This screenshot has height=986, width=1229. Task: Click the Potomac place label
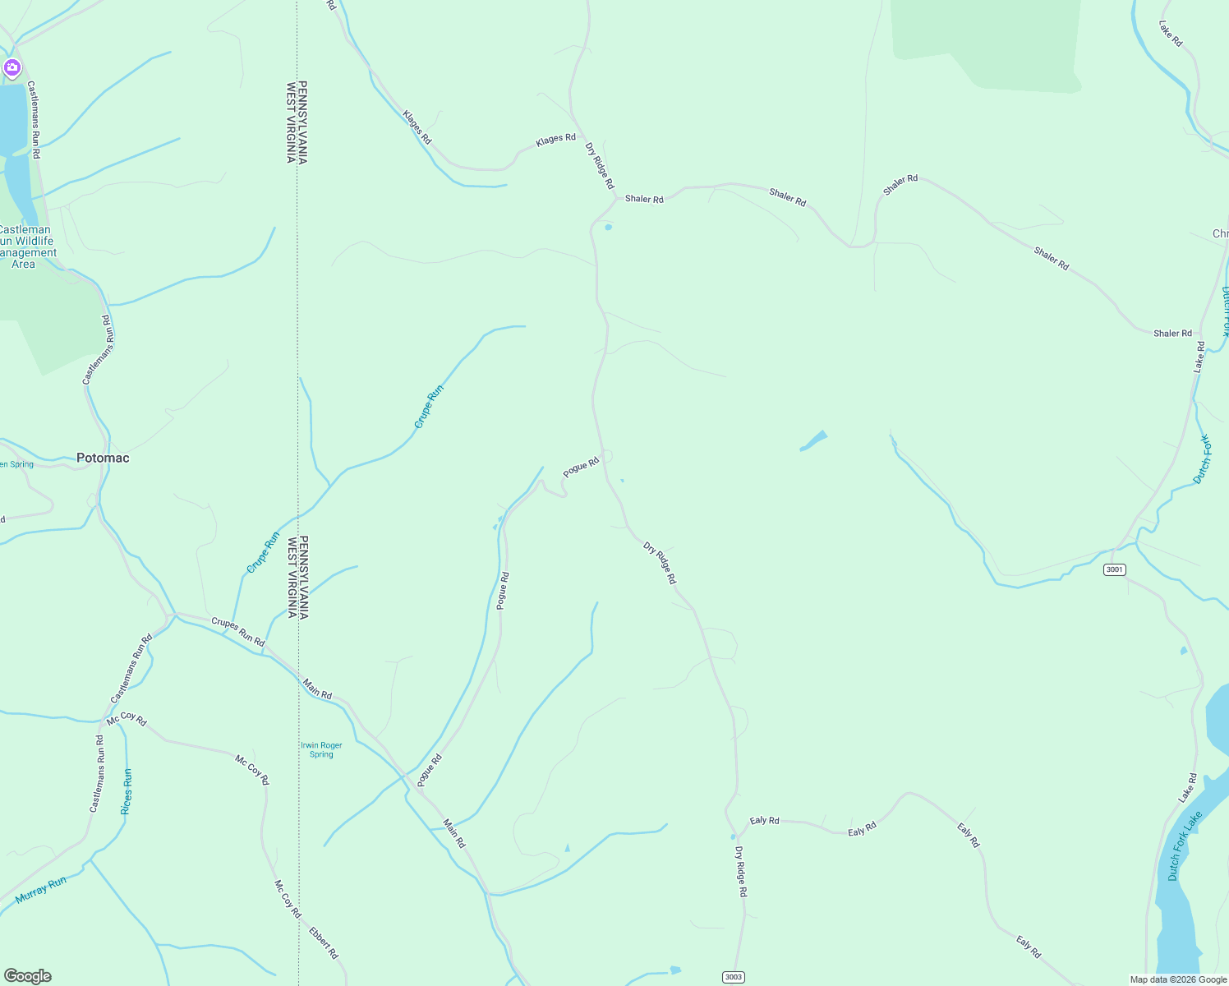pos(103,458)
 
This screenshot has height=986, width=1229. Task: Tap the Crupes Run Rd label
pos(238,631)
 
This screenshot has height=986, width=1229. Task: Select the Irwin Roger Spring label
pos(321,749)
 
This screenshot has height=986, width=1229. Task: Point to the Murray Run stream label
pos(41,891)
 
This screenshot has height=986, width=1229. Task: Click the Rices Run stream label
pos(127,791)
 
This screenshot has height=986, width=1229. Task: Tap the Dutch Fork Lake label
pos(1185,845)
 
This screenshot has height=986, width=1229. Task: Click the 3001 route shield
pos(1115,569)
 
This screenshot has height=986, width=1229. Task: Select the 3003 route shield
pos(734,977)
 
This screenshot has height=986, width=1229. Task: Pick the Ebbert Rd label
pos(324,942)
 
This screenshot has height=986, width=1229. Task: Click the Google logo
pos(28,976)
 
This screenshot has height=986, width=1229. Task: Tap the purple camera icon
pos(12,67)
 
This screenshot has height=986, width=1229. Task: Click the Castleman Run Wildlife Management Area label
pos(25,246)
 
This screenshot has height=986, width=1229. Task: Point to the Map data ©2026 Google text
pos(1178,979)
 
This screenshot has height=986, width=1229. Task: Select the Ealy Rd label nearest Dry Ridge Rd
pos(764,820)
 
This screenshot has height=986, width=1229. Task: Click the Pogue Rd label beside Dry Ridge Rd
pos(581,468)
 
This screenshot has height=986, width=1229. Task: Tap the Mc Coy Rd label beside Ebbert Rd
pos(288,899)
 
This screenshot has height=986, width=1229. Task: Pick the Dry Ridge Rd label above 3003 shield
pos(741,871)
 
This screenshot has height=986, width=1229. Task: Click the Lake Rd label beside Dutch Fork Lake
pos(1187,787)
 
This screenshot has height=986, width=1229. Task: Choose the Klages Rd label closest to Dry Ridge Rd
pos(555,140)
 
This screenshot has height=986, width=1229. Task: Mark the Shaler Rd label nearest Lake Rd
pos(1172,333)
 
